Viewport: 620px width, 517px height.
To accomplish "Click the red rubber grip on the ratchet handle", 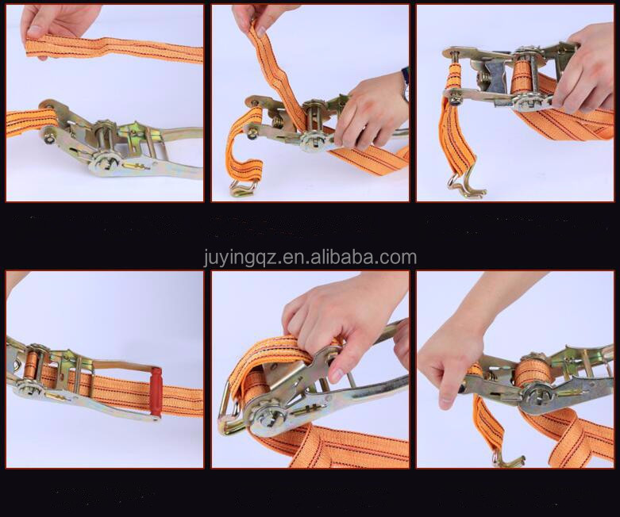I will coord(156,391).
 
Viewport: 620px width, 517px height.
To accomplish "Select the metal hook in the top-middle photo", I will coord(243,188).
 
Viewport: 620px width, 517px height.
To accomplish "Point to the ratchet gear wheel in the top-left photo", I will coord(105,162).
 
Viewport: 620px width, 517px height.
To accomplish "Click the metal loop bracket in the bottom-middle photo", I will coord(229,408).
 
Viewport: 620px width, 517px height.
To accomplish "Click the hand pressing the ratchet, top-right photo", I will coord(586,71).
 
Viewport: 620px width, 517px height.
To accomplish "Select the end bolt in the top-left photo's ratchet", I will coord(50,138).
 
